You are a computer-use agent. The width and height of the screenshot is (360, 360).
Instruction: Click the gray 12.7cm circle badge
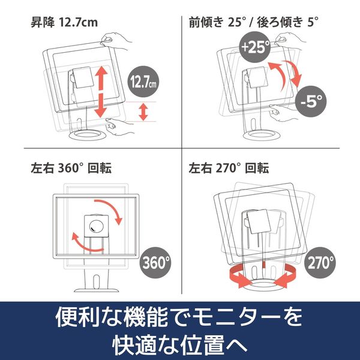[143, 82]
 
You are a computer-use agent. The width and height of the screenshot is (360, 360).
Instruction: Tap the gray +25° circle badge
[255, 47]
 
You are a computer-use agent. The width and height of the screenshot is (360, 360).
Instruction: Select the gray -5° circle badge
[311, 101]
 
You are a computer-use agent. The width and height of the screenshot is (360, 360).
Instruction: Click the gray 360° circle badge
[155, 263]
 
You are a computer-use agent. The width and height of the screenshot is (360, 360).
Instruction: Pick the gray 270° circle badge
[320, 263]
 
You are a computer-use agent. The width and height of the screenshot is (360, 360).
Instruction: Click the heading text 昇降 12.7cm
[64, 23]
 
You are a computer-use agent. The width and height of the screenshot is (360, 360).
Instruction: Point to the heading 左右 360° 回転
[71, 168]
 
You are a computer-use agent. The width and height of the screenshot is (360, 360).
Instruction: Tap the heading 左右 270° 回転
[229, 168]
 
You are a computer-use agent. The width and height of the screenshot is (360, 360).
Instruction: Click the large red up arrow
[101, 77]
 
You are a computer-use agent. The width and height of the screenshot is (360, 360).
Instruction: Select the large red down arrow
[101, 106]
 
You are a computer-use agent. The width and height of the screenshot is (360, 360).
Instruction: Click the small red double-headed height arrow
[143, 112]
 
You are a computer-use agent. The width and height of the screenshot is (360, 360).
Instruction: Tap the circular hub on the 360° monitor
[97, 226]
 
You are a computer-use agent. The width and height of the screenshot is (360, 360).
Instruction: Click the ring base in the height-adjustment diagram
[88, 135]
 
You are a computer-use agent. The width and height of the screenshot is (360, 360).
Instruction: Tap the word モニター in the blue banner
[236, 317]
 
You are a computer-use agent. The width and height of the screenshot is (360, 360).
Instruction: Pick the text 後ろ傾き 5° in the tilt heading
[287, 23]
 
